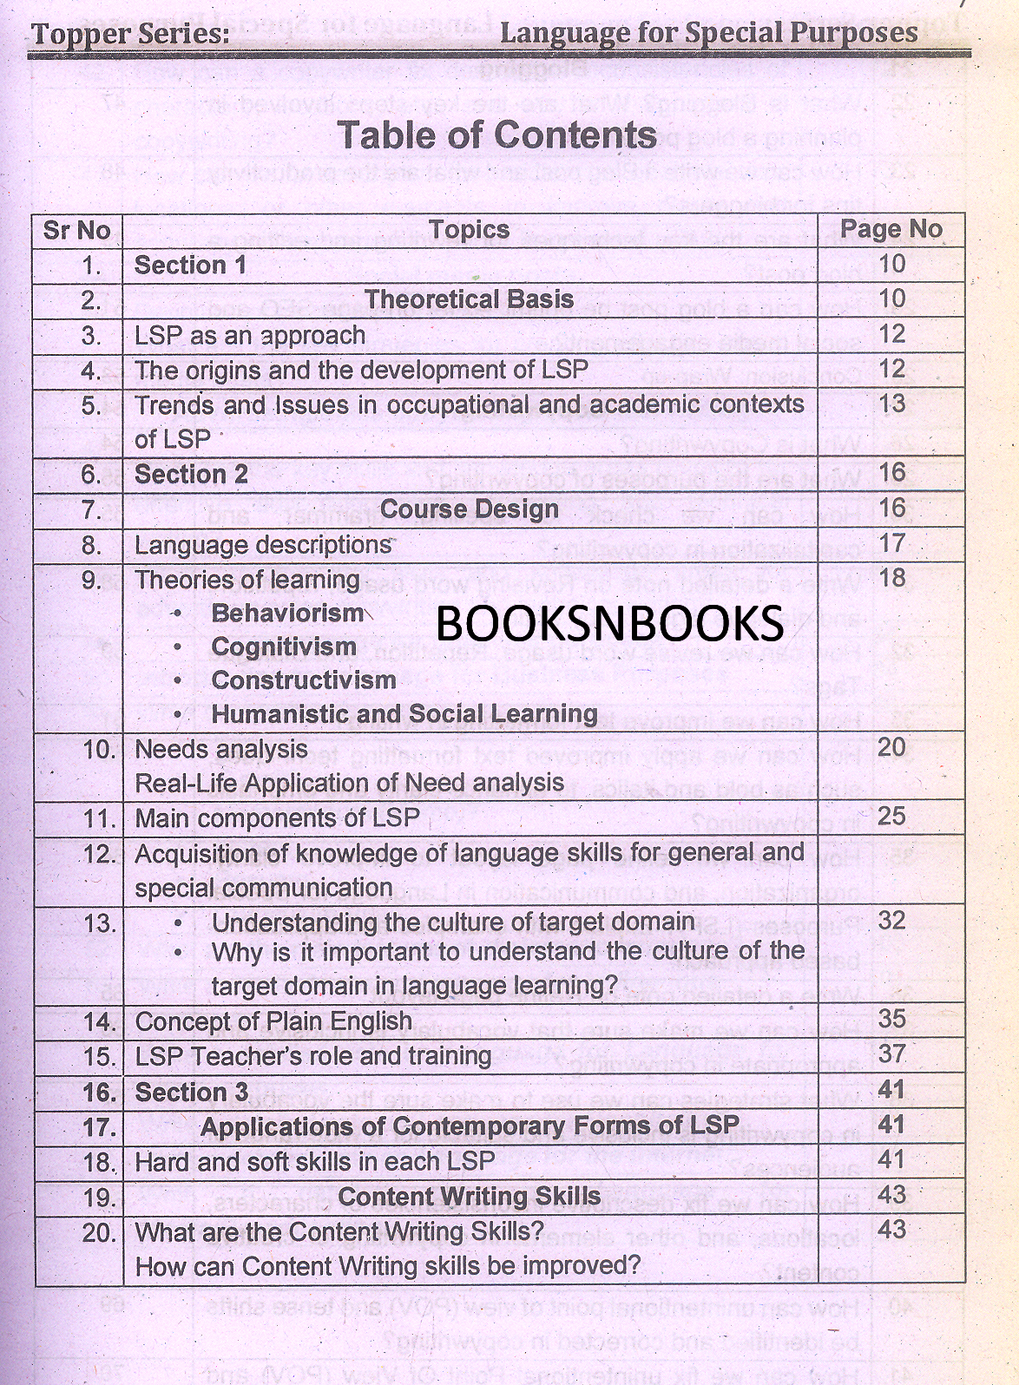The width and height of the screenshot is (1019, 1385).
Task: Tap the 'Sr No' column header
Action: (76, 230)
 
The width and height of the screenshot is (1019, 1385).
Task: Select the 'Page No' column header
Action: (891, 229)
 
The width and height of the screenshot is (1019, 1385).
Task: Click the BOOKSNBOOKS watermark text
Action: (608, 621)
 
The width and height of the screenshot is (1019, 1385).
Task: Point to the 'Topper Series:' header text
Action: (131, 35)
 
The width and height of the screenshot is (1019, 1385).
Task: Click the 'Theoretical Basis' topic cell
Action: (469, 299)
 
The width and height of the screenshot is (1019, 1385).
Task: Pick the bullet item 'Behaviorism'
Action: (287, 613)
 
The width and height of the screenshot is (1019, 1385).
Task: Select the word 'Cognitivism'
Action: (284, 647)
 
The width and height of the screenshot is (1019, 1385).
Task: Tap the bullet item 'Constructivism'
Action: (303, 680)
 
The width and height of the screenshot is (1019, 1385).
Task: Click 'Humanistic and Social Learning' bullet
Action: (404, 714)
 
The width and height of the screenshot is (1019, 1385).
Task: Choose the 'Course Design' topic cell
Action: (469, 509)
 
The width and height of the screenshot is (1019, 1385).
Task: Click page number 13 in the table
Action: (891, 404)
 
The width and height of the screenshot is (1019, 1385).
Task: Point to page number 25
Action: (891, 816)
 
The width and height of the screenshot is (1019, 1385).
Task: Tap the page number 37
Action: (891, 1054)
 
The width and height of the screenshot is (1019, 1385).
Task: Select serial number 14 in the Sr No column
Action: (99, 1021)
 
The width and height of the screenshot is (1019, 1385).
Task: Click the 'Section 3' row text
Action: (191, 1092)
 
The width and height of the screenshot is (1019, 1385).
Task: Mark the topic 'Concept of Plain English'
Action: (273, 1021)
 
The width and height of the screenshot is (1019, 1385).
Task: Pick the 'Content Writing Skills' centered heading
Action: (469, 1197)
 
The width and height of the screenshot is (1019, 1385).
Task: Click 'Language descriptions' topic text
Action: (263, 545)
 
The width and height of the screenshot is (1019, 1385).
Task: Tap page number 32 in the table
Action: (891, 921)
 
